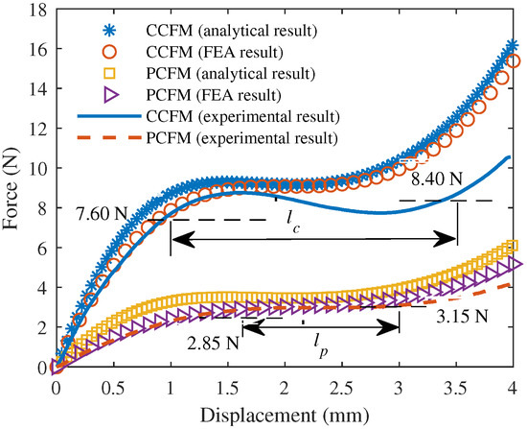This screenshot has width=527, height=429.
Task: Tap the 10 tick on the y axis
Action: click(38, 168)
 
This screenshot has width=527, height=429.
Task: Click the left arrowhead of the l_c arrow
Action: click(175, 234)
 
